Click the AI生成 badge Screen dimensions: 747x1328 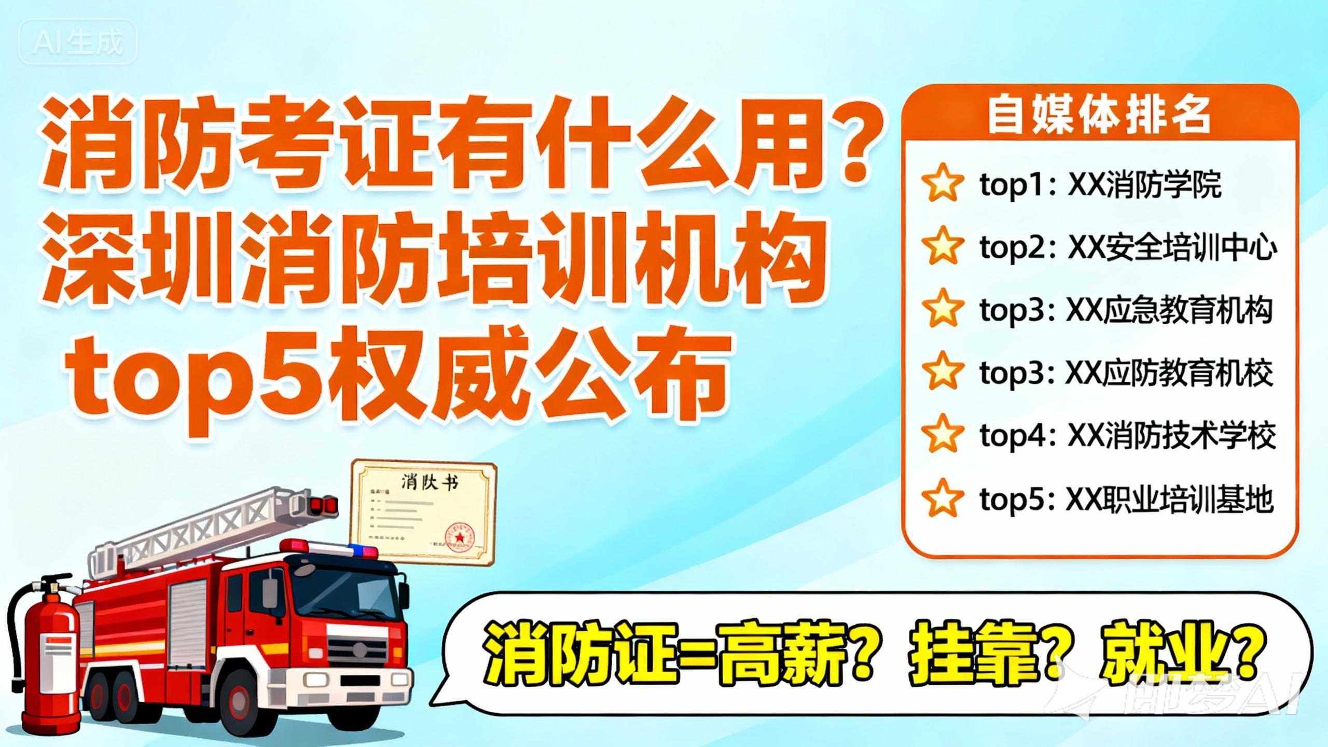[78, 41]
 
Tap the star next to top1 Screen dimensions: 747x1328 [942, 183]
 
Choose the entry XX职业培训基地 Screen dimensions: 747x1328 [1169, 499]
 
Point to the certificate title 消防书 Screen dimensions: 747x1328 [430, 482]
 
